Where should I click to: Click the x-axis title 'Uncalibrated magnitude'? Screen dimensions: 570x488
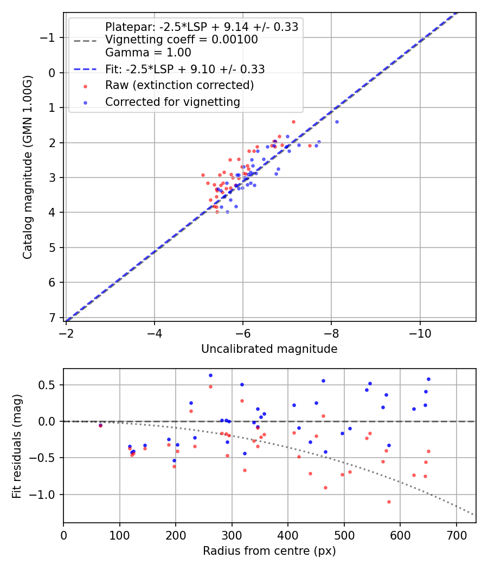tap(269, 349)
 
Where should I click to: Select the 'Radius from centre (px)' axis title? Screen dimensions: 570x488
tap(269, 551)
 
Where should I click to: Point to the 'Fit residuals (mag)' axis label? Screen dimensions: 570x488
tap(17, 446)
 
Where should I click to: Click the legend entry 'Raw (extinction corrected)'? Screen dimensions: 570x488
tap(179, 85)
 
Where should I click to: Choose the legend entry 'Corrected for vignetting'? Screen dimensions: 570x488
tap(172, 102)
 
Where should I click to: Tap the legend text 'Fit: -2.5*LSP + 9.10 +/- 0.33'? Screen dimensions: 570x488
tap(185, 69)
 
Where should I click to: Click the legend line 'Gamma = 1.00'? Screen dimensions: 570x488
tap(148, 53)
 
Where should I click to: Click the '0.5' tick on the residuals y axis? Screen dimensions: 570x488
tap(49, 385)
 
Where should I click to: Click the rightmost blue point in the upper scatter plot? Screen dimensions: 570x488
tap(337, 122)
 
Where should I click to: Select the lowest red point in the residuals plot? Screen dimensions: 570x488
tap(389, 502)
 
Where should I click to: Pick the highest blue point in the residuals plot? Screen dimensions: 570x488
tap(210, 375)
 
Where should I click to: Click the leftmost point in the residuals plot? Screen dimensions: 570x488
tap(100, 425)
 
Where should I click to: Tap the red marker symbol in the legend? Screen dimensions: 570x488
tap(85, 85)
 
